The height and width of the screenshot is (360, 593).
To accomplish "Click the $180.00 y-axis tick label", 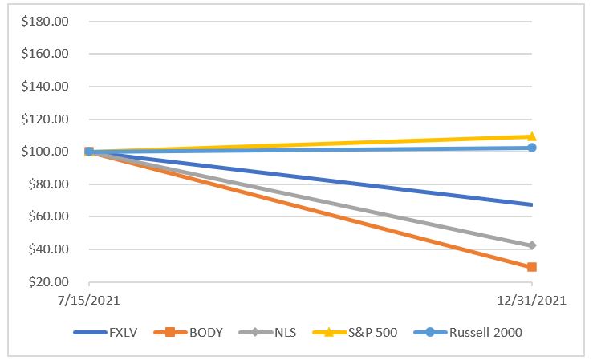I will coord(45,21).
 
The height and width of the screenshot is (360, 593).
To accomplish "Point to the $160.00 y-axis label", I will coord(45,54).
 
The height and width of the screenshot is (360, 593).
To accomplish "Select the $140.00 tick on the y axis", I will coord(45,87).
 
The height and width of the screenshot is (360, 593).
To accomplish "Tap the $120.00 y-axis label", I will coord(45,119).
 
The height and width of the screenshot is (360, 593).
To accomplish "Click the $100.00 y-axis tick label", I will coord(45,152).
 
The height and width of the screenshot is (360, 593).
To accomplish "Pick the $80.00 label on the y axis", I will coord(48,184).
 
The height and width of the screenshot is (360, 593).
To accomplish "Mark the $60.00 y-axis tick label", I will coord(48,216).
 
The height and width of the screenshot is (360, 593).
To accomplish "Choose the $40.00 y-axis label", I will coord(48,249).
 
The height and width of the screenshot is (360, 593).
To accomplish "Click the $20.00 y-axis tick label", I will coord(48,282).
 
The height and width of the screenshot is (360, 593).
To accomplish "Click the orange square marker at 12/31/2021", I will coord(531,267).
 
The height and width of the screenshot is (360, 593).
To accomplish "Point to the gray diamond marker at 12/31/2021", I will coord(531,245).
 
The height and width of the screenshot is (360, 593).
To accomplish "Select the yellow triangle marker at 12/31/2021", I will coord(531,136).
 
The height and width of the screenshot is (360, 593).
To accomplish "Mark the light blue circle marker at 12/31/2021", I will coord(531,148).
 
